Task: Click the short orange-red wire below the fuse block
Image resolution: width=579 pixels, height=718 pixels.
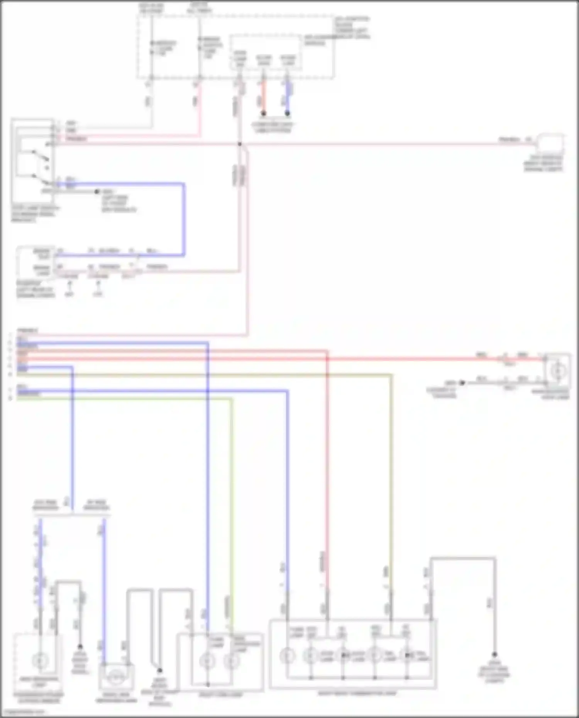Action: click(x=263, y=96)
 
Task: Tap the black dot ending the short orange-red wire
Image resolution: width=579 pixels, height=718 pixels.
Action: click(x=263, y=113)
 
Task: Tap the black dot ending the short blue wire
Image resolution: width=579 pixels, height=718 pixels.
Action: click(x=287, y=113)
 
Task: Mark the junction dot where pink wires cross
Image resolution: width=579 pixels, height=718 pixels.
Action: click(x=240, y=144)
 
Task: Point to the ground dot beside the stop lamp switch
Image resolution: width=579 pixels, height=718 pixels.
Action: click(x=97, y=191)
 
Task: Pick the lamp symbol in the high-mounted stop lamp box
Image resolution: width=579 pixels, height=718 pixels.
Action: click(x=557, y=371)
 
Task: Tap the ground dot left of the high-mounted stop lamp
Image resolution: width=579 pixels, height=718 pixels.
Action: click(x=462, y=383)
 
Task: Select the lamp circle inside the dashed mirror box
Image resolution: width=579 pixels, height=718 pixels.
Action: click(x=40, y=661)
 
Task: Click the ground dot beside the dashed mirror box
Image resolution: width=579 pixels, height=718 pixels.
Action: click(x=80, y=647)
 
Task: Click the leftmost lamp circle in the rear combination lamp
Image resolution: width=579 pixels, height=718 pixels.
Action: click(x=287, y=655)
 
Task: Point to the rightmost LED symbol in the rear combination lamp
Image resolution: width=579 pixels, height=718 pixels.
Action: click(x=406, y=655)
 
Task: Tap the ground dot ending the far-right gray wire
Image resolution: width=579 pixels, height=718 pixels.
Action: click(x=494, y=655)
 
